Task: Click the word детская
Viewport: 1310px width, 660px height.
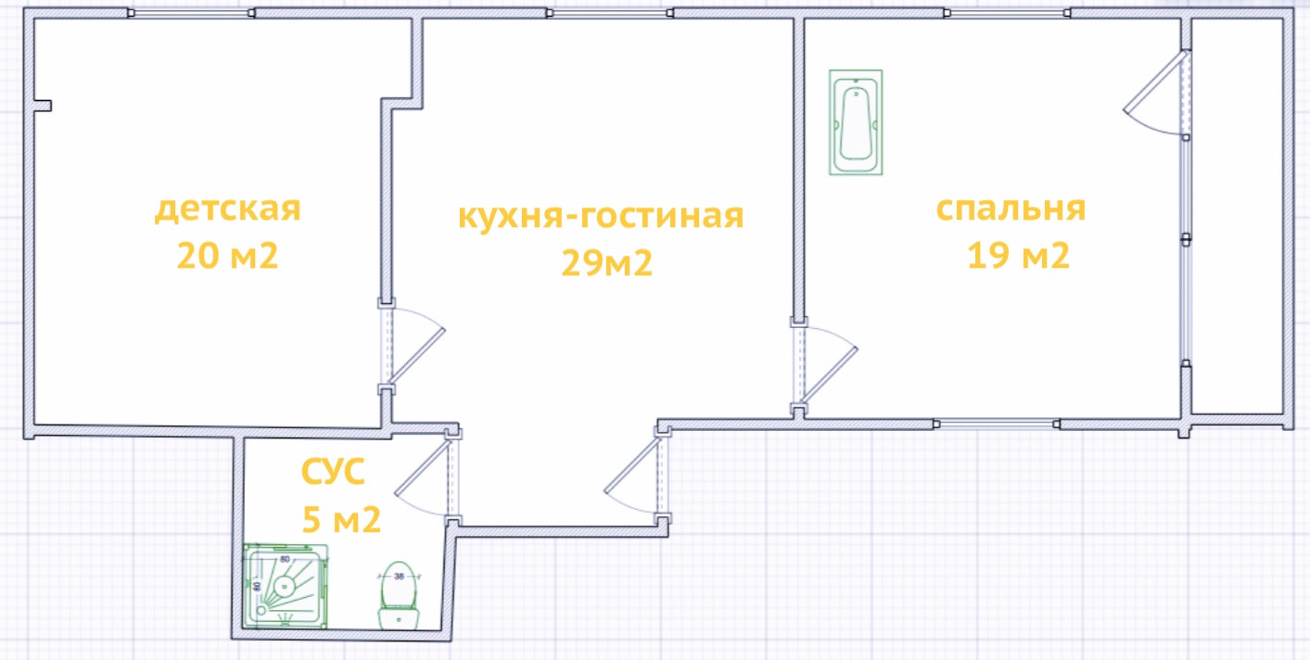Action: coord(227,209)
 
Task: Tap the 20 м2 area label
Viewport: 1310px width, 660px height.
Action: coord(227,256)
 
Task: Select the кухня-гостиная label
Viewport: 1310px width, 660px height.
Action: coord(601,216)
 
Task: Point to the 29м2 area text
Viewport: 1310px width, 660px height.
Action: coord(606,264)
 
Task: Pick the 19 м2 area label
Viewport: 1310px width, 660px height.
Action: coord(1018,255)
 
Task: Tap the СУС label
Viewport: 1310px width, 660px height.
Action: coord(333,473)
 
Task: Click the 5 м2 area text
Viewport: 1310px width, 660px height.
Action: coord(341,520)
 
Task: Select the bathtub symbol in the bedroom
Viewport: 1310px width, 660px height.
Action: coord(856,121)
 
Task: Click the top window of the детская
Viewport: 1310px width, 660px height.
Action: coord(191,14)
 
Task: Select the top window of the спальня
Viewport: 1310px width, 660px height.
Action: coord(1007,14)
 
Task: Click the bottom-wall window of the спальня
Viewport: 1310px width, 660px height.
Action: coord(996,424)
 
